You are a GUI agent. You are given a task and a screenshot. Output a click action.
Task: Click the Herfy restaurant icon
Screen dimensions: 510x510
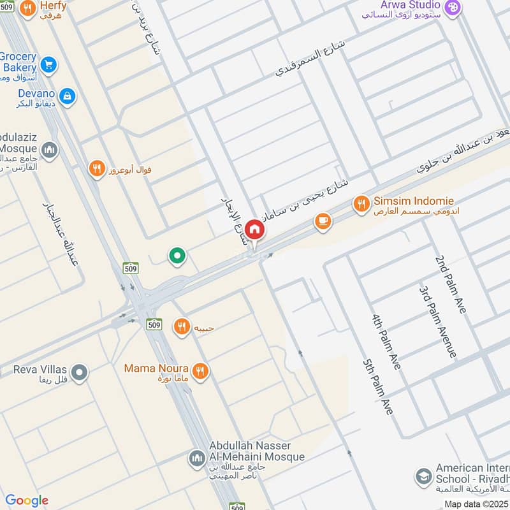27,9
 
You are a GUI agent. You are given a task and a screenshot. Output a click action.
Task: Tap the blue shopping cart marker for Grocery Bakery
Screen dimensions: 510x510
48,64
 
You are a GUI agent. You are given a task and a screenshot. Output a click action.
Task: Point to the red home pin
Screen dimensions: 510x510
254,229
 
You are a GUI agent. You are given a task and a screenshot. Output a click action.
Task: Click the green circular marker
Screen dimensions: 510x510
177,256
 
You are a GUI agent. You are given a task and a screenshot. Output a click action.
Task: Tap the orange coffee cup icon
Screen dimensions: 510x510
323,222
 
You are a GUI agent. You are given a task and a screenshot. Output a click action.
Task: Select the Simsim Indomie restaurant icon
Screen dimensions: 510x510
361,204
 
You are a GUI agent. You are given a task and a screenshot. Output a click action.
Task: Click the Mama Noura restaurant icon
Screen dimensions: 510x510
200,371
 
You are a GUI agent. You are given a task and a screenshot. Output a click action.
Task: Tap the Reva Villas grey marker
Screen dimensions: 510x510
79,372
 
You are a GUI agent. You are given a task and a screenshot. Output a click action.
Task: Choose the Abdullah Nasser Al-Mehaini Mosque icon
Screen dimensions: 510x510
196,458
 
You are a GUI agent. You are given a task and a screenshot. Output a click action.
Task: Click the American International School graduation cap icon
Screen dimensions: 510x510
422,476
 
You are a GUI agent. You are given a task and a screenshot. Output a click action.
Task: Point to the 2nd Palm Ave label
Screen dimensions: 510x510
451,284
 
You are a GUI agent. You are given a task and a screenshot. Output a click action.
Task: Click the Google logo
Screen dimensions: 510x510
27,500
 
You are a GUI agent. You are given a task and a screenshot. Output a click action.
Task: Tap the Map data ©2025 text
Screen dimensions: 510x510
475,504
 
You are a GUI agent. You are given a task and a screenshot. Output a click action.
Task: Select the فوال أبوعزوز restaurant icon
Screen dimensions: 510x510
96,169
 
